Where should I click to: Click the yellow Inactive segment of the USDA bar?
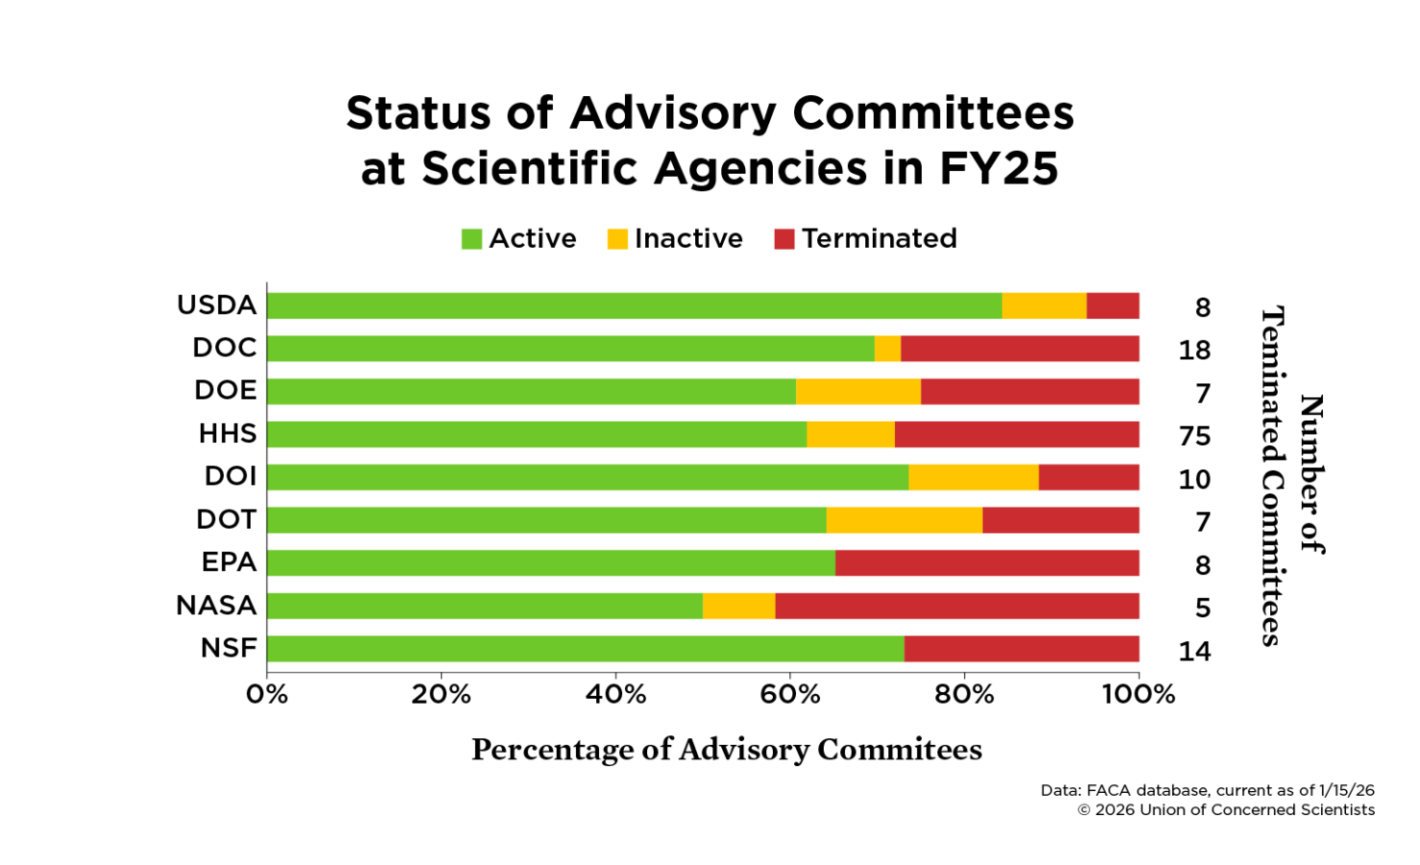tap(1044, 306)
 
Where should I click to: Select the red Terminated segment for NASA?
tap(957, 605)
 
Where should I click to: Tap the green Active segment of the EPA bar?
tap(551, 562)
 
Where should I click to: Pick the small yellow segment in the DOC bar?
tap(887, 348)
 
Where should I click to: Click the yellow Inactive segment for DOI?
tap(973, 477)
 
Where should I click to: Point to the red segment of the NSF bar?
tap(1021, 649)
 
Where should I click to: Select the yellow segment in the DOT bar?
tap(904, 520)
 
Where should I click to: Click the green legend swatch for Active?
tap(471, 238)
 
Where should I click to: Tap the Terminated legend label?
tap(879, 238)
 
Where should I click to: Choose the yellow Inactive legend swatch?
tap(617, 238)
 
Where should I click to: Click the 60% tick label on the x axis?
tap(789, 694)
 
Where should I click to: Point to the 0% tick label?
tap(267, 694)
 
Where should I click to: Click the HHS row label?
tap(228, 433)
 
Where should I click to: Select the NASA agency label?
tap(216, 605)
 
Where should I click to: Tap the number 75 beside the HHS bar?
tap(1194, 436)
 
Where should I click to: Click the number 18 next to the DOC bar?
tap(1194, 350)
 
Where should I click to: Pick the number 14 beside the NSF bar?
tap(1194, 652)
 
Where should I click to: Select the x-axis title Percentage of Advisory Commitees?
tap(727, 750)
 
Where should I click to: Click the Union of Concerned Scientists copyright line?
tap(1226, 810)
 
